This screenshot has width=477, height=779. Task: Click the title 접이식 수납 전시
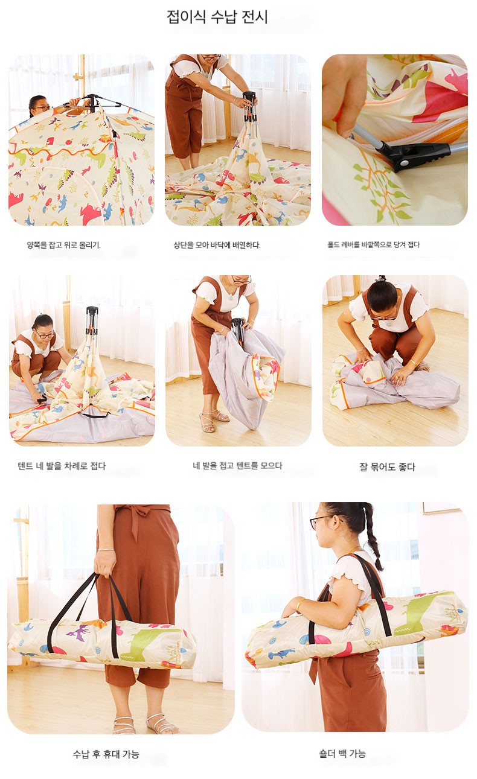pyautogui.click(x=217, y=17)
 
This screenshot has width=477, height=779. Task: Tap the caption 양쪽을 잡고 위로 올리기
pyautogui.click(x=63, y=245)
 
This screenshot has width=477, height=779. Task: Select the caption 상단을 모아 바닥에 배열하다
pyautogui.click(x=217, y=245)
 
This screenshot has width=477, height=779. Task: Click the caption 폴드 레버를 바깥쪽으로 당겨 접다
pyautogui.click(x=373, y=245)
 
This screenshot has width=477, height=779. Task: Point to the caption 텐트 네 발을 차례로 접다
pyautogui.click(x=62, y=466)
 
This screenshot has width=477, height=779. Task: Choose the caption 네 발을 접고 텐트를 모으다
pyautogui.click(x=238, y=466)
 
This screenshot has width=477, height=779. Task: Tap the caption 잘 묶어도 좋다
pyautogui.click(x=387, y=466)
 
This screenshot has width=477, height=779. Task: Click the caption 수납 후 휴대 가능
pyautogui.click(x=106, y=754)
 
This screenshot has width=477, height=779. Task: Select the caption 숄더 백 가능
pyautogui.click(x=342, y=754)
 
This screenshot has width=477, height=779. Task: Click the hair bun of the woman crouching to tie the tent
pyautogui.click(x=382, y=279)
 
